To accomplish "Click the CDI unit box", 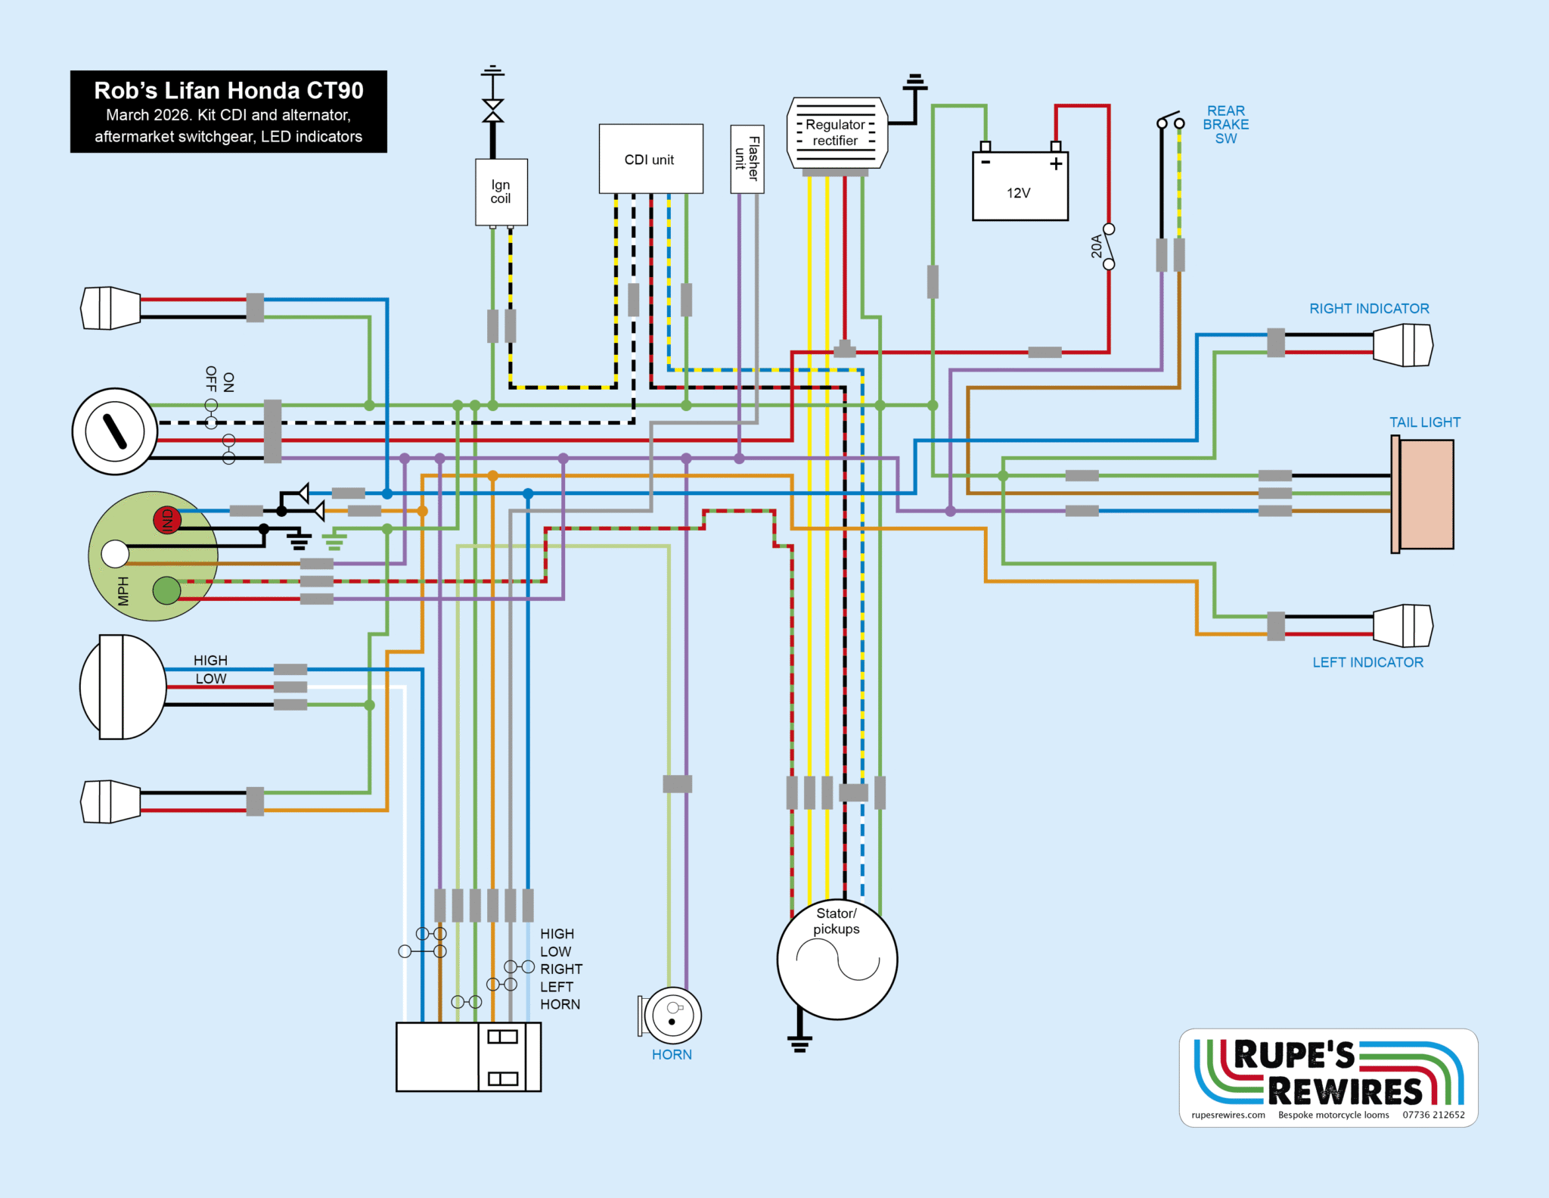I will pyautogui.click(x=650, y=159).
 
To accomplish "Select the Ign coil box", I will pyautogui.click(x=501, y=192).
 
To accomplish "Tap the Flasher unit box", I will pyautogui.click(x=747, y=159).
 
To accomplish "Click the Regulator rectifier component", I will pyautogui.click(x=837, y=133).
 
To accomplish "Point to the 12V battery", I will pyautogui.click(x=1020, y=186).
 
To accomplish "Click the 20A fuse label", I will pyautogui.click(x=1096, y=247).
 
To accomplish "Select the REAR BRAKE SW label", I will pyautogui.click(x=1225, y=125).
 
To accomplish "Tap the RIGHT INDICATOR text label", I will pyautogui.click(x=1369, y=309).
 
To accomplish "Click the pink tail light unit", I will pyautogui.click(x=1424, y=494).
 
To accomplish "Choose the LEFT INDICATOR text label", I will pyautogui.click(x=1367, y=662).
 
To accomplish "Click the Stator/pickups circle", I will pyautogui.click(x=837, y=959).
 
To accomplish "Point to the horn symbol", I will pyautogui.click(x=672, y=1015).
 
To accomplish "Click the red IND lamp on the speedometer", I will pyautogui.click(x=167, y=520).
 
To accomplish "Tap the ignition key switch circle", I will pyautogui.click(x=115, y=431).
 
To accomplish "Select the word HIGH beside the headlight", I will pyautogui.click(x=210, y=661).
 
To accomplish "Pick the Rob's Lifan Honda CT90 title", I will pyautogui.click(x=228, y=91).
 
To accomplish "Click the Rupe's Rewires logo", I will pyautogui.click(x=1328, y=1077).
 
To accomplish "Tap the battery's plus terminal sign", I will pyautogui.click(x=1056, y=163).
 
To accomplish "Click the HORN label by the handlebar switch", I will pyautogui.click(x=560, y=1004).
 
